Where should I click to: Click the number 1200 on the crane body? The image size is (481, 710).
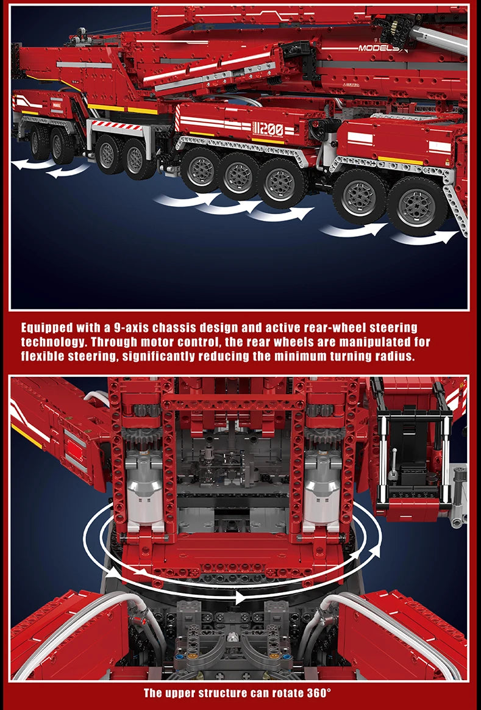268,129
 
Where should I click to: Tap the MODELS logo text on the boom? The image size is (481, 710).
379,48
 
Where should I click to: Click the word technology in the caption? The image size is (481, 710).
53,342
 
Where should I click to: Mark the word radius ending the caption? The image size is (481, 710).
394,356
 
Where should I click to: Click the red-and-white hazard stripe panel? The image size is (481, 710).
115,127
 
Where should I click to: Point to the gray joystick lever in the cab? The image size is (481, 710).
395,459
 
